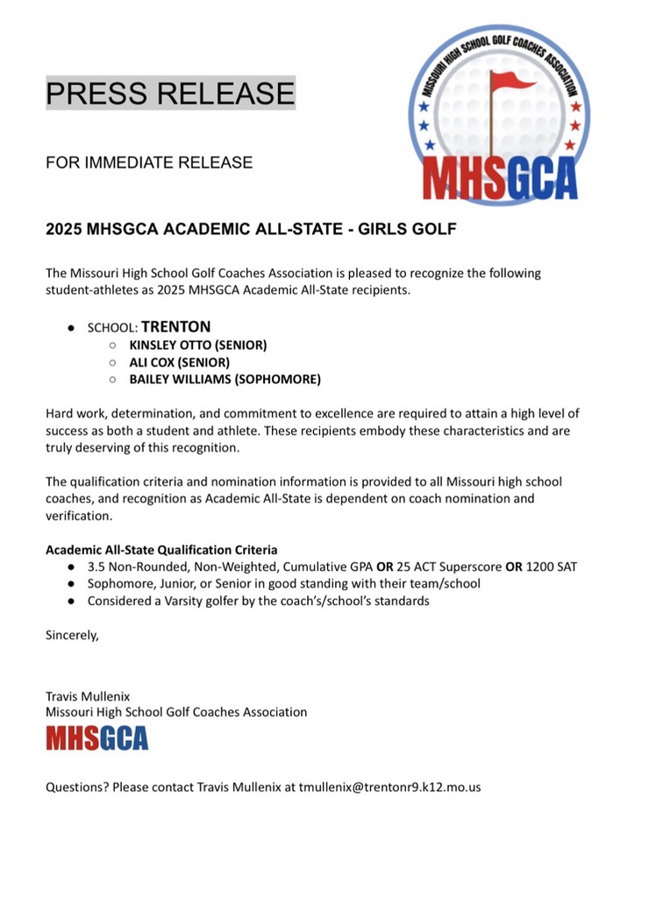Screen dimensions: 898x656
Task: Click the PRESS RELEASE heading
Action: pos(170,93)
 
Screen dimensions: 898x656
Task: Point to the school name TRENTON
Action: pos(176,326)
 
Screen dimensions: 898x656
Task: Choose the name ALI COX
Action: pos(149,362)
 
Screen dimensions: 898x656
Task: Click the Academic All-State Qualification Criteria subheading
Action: pos(161,550)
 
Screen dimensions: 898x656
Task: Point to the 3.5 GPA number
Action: pos(96,567)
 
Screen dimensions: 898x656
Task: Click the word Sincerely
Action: pos(72,635)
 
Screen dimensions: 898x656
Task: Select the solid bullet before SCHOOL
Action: pos(71,328)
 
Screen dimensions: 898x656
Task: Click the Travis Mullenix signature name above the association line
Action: pos(88,695)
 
